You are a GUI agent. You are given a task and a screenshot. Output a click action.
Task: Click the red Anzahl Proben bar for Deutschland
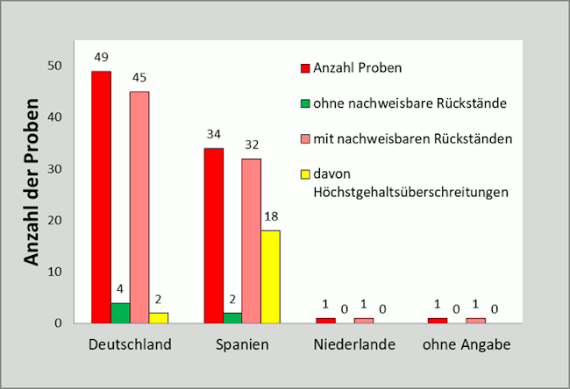pyautogui.click(x=102, y=197)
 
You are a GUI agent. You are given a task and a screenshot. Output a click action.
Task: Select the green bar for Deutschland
pyautogui.click(x=120, y=313)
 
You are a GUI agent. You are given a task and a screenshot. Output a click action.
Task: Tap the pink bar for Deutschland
pyautogui.click(x=139, y=207)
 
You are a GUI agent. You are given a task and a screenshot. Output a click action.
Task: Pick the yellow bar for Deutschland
pyautogui.click(x=158, y=318)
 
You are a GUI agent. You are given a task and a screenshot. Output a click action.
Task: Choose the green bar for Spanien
pyautogui.click(x=232, y=318)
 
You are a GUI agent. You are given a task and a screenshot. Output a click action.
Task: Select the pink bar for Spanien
pyautogui.click(x=251, y=240)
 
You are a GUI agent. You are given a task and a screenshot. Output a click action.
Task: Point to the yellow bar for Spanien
pyautogui.click(x=270, y=276)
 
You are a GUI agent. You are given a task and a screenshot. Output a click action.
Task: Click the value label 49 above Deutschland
pyautogui.click(x=102, y=58)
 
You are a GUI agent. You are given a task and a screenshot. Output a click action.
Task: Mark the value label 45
pyautogui.click(x=139, y=77)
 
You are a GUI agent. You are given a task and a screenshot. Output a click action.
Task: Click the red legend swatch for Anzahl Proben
pyautogui.click(x=305, y=67)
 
